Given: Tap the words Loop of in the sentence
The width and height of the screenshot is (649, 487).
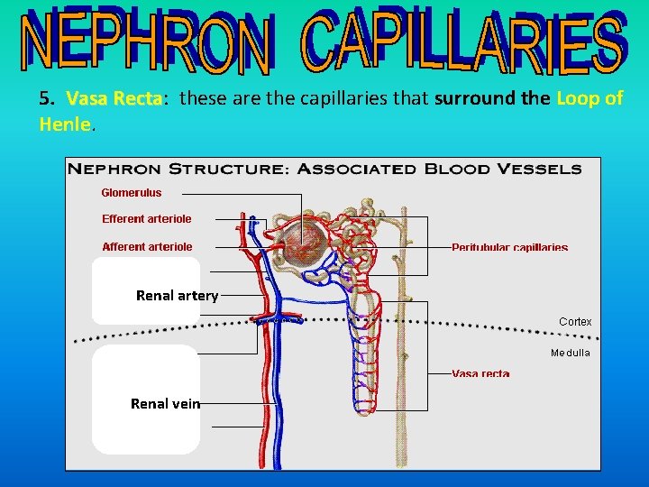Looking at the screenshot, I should pos(590,98).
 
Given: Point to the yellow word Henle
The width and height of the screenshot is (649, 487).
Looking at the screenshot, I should pos(65,124).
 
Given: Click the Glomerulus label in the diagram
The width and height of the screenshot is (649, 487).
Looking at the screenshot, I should pos(131,192).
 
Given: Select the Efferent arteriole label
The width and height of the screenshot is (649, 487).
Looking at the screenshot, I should pos(146,218).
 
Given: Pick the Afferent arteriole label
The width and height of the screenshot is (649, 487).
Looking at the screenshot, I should pos(147,246).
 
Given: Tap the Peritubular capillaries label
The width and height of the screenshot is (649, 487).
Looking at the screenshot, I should pos(509,247).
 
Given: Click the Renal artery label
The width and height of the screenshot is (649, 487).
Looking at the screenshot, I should pos(177,295).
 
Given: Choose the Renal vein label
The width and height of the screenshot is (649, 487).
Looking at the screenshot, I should pos(165,403).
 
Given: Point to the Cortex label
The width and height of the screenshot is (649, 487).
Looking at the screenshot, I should pos(575,321).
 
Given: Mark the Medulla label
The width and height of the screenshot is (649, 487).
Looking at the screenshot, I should pos(571,353).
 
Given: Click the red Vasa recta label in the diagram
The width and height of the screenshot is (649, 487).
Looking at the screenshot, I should pos(480,373).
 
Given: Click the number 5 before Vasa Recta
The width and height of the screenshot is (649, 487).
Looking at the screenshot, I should pos(44,98).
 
